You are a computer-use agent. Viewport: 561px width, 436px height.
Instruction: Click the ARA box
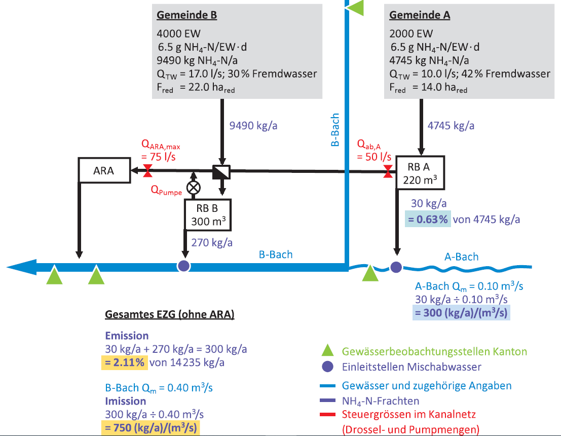click(x=104, y=170)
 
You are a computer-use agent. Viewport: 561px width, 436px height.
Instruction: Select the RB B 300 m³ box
click(x=207, y=214)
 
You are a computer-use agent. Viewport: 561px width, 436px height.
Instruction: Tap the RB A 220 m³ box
click(x=420, y=172)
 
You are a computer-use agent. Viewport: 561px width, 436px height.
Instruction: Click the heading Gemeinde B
click(x=186, y=15)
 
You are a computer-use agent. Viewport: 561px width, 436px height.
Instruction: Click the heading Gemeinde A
click(x=419, y=15)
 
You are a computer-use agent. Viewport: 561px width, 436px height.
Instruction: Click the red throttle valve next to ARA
click(x=148, y=171)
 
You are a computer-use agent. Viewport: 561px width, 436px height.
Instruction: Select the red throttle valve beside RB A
click(x=388, y=171)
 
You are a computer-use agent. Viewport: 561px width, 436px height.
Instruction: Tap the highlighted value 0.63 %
click(x=427, y=220)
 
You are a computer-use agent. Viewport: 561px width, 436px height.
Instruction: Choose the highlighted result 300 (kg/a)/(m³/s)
click(x=460, y=313)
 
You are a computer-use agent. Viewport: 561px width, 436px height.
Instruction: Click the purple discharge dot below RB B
click(x=183, y=265)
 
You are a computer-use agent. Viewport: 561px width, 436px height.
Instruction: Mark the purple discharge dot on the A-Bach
click(x=396, y=266)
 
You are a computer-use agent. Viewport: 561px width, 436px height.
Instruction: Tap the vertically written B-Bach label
click(x=335, y=131)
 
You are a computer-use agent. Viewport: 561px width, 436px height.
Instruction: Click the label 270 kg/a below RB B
click(x=212, y=242)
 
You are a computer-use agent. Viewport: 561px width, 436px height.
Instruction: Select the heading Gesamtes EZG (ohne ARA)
click(x=169, y=314)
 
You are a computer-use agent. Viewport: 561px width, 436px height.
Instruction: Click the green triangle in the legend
click(x=328, y=350)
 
